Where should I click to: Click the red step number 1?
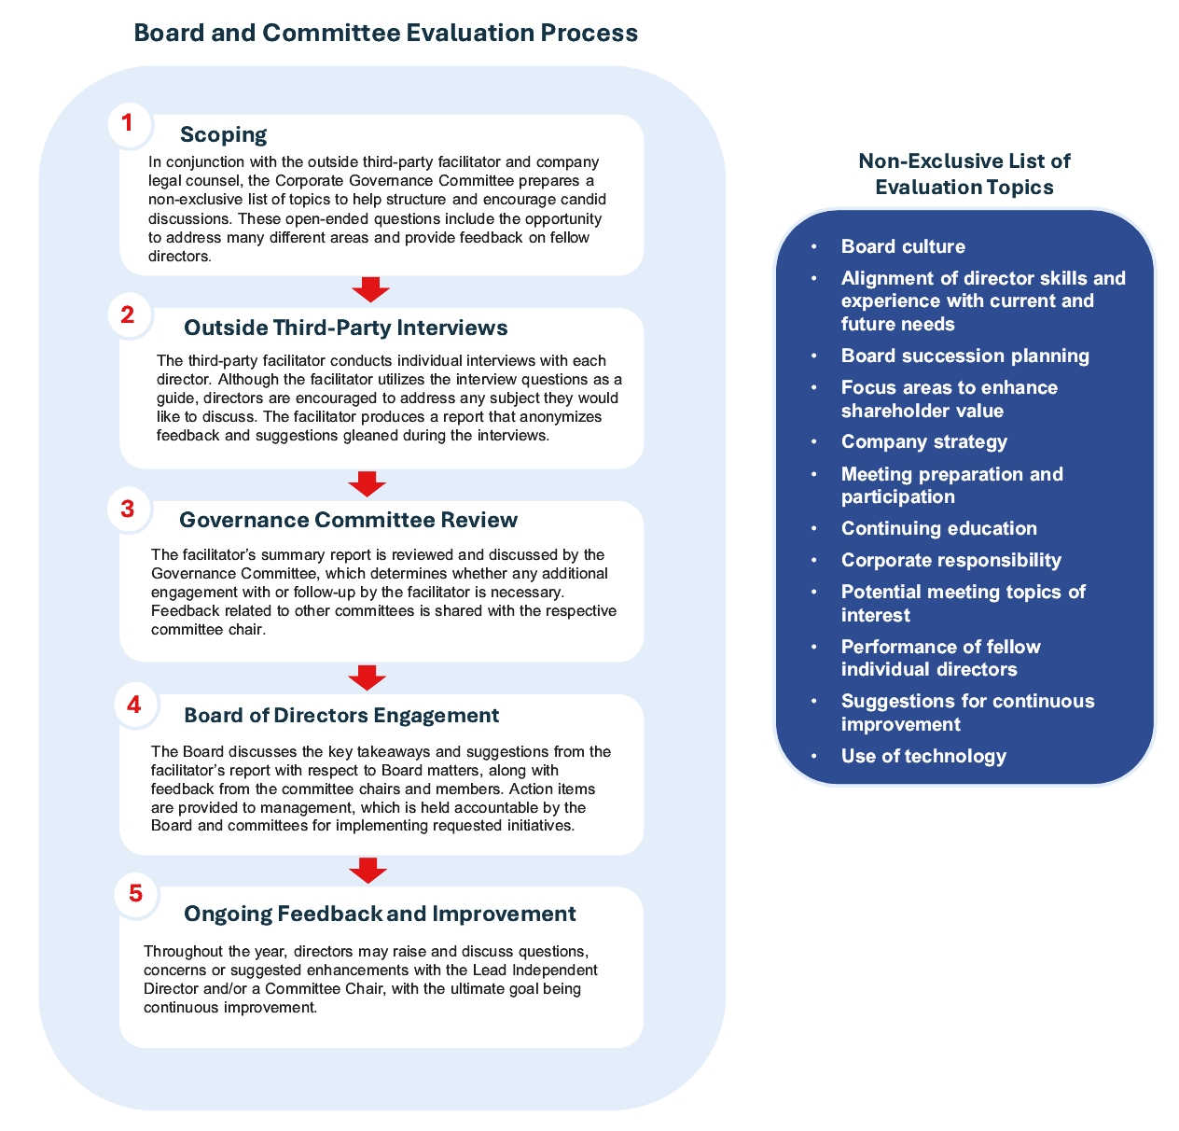pos(127,123)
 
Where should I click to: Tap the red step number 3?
pos(127,510)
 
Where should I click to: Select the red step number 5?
pos(135,893)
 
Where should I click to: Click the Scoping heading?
pos(224,134)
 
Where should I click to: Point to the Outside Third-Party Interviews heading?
pos(346,328)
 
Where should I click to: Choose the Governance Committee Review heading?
pos(348,520)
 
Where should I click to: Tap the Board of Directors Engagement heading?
pos(341,715)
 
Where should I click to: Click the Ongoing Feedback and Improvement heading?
pos(380,914)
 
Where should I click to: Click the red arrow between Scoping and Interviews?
pos(370,289)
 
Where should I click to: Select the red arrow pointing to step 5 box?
pos(368,870)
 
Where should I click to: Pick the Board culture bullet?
pos(903,246)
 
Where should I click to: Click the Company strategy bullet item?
pos(923,441)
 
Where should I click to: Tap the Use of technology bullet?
pos(923,756)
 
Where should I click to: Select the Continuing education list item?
pos(938,528)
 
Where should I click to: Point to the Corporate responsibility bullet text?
pos(950,560)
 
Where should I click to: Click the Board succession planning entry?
pos(964,356)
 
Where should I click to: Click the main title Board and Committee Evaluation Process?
pos(386,34)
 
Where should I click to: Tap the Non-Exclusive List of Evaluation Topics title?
pos(964,174)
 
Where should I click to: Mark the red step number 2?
pos(128,315)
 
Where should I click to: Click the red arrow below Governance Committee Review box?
pos(368,677)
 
